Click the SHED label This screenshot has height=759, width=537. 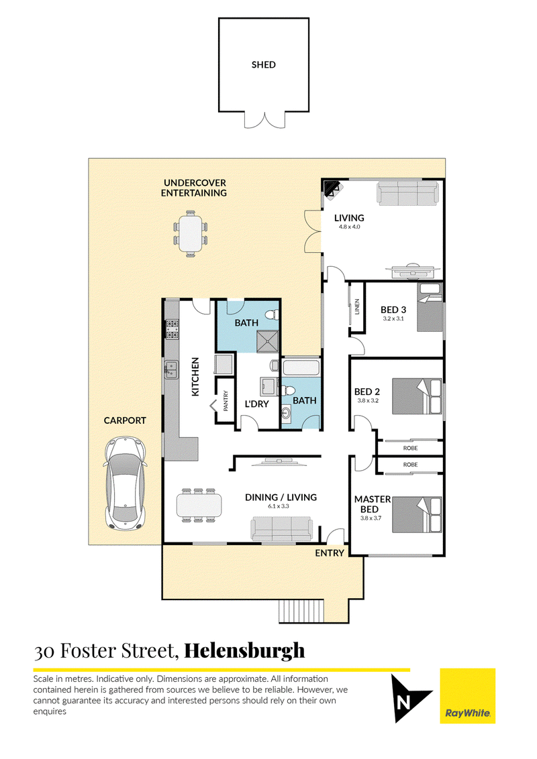[263, 65]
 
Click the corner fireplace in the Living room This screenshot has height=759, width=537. [331, 188]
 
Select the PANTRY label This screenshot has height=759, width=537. [226, 401]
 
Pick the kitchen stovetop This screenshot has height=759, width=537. [172, 327]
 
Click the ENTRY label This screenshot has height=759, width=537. [330, 553]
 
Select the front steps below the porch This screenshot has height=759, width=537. [301, 611]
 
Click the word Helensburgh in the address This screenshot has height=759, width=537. [244, 650]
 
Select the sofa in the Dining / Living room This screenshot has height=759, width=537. [281, 529]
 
